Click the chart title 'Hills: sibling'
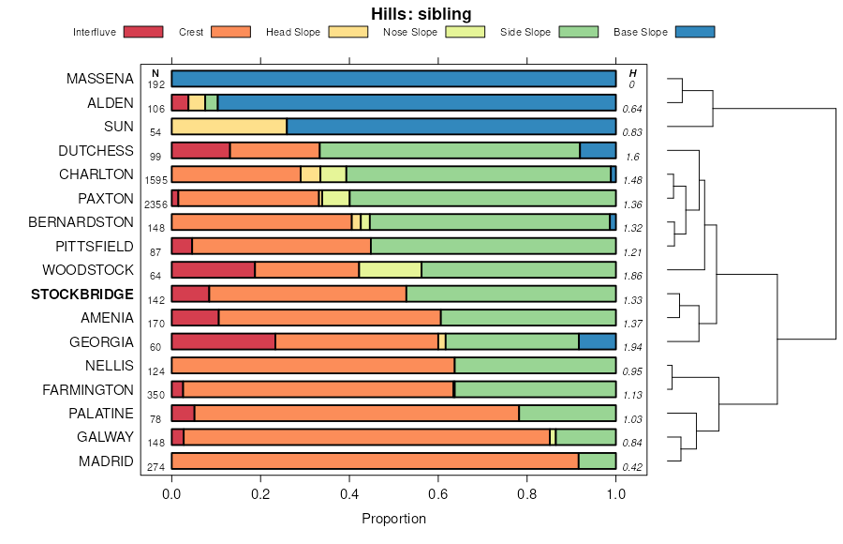pyautogui.click(x=421, y=13)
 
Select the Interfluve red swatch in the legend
pyautogui.click(x=143, y=32)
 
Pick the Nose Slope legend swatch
pyautogui.click(x=465, y=32)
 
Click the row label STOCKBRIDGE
pyautogui.click(x=82, y=295)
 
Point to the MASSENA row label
pyautogui.click(x=100, y=79)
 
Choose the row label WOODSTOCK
pyautogui.click(x=88, y=270)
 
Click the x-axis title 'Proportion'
pyautogui.click(x=393, y=519)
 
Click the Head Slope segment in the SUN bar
pyautogui.click(x=229, y=127)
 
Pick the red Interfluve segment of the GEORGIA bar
pyautogui.click(x=223, y=341)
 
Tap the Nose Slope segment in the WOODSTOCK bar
pyautogui.click(x=390, y=270)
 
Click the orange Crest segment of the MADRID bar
pyautogui.click(x=375, y=461)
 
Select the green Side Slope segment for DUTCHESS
pyautogui.click(x=450, y=150)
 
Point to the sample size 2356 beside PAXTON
pyautogui.click(x=155, y=204)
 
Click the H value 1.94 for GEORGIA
pyautogui.click(x=632, y=348)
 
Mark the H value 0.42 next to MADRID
pyautogui.click(x=632, y=467)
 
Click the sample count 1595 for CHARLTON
pyautogui.click(x=155, y=180)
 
